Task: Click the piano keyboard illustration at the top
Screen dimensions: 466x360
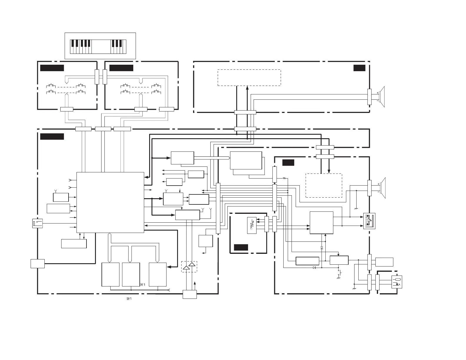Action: [x=98, y=46]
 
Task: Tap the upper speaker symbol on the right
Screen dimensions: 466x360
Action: [x=382, y=97]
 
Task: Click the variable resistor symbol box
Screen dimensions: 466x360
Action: [x=252, y=225]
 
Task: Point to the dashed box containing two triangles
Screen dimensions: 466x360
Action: [x=189, y=267]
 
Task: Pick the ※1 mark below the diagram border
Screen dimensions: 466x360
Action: [x=129, y=299]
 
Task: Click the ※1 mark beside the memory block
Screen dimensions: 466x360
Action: [x=143, y=284]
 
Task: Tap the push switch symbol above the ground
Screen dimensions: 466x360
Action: [x=339, y=273]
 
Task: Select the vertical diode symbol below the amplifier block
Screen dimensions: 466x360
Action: [x=322, y=248]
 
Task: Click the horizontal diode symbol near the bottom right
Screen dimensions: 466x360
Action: [x=314, y=268]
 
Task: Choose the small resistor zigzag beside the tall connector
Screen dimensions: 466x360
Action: [x=284, y=178]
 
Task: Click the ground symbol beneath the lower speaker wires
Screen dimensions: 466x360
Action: [x=356, y=209]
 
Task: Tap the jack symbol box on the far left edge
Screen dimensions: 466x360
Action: [x=38, y=224]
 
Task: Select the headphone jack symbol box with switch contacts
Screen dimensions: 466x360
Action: [x=369, y=221]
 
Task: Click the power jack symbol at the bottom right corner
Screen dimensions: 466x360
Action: [x=397, y=282]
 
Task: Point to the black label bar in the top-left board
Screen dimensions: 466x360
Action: [x=52, y=68]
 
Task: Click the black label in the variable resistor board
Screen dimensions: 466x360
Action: [x=241, y=247]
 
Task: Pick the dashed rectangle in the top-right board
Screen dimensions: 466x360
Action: [x=249, y=78]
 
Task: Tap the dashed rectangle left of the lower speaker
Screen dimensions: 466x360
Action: [x=324, y=186]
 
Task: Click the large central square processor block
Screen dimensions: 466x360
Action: [x=110, y=202]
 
